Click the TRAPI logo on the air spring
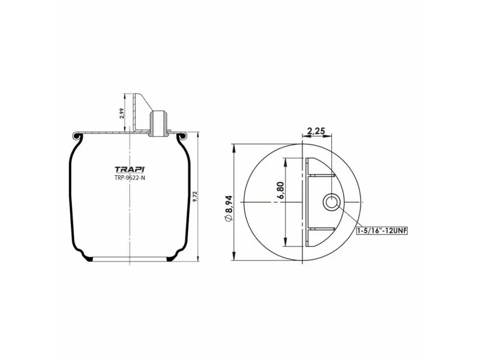coord(130,169)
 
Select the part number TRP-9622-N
coord(130,178)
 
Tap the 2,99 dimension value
coord(122,113)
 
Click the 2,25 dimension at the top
coord(316,131)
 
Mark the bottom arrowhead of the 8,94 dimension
coord(234,259)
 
